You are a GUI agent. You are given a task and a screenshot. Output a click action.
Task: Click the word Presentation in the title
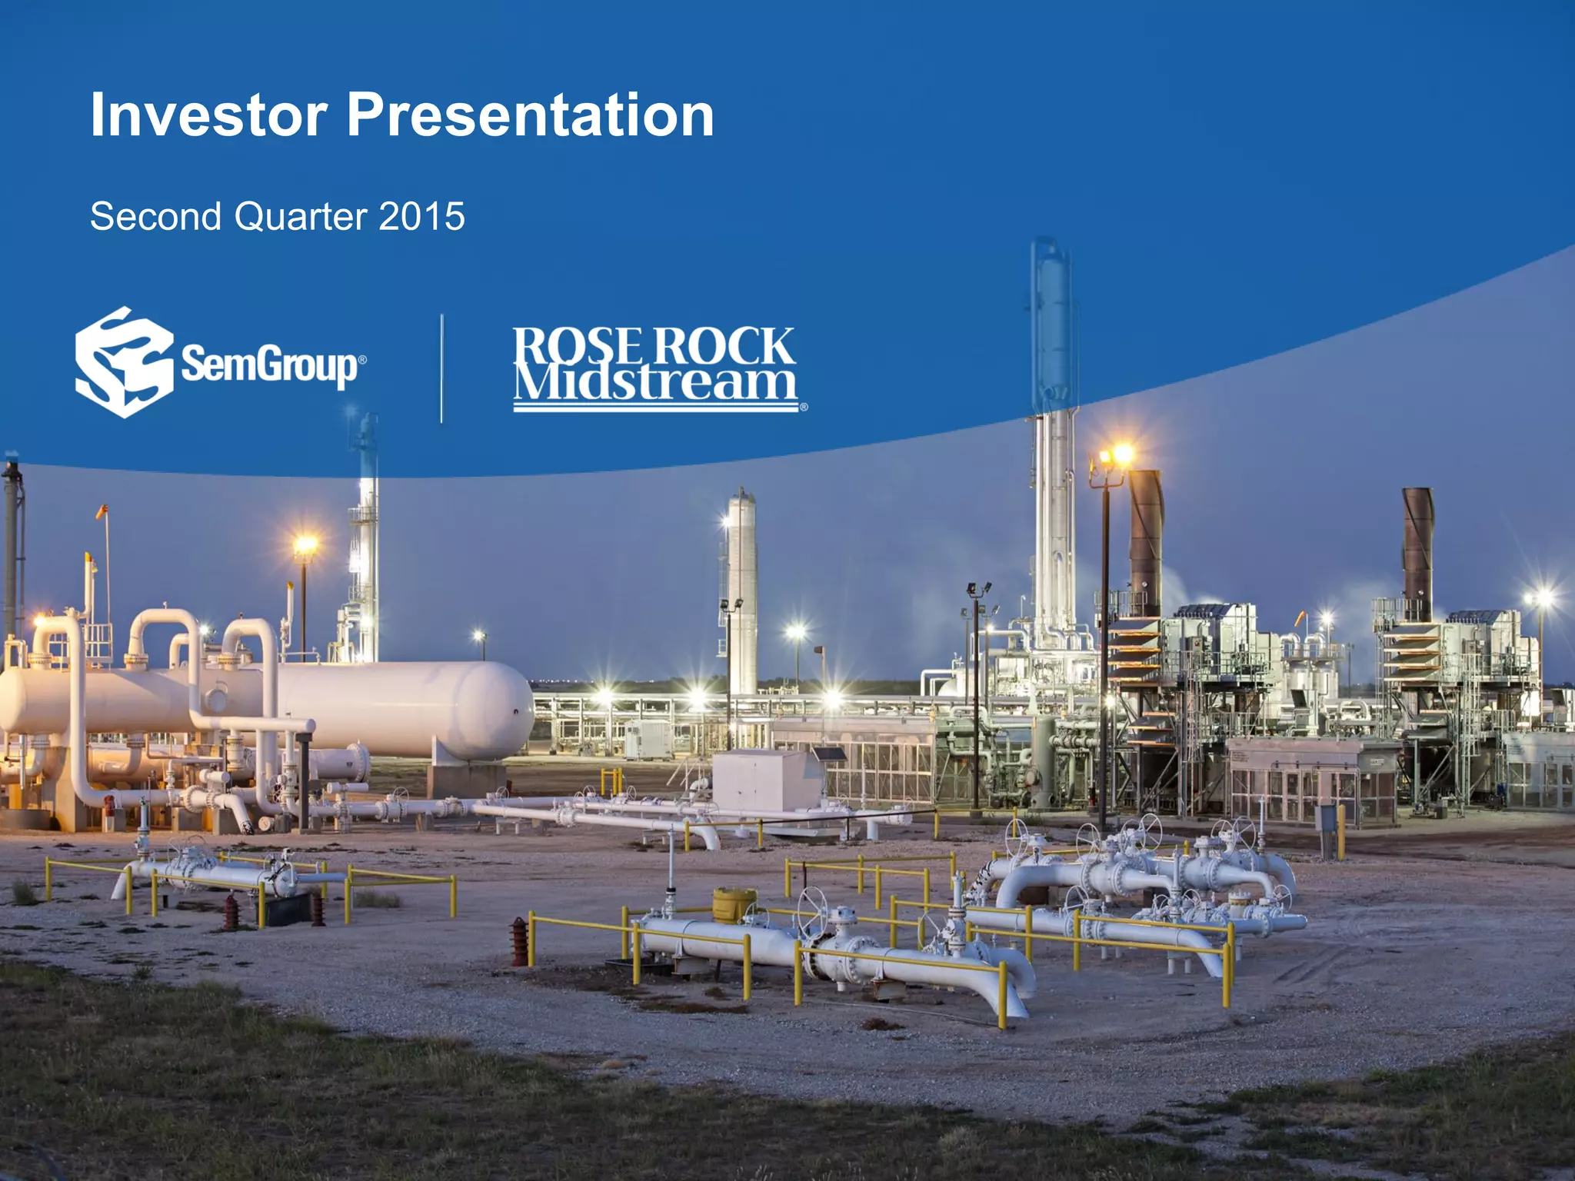click(531, 115)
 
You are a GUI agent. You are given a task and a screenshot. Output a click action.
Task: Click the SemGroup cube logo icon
click(123, 362)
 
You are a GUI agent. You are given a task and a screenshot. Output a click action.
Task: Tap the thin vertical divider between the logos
click(441, 368)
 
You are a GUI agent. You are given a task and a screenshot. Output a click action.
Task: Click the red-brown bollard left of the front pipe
click(521, 941)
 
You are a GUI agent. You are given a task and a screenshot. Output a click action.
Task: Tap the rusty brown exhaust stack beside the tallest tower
click(1145, 531)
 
